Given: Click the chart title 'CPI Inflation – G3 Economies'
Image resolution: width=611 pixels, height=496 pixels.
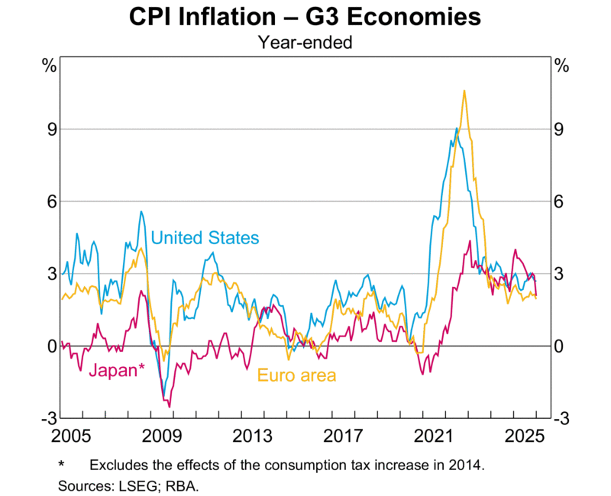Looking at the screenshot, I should [305, 17].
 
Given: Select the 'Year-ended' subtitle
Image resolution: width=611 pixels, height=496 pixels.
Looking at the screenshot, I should [305, 43].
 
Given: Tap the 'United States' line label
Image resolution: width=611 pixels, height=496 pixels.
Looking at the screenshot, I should [205, 238].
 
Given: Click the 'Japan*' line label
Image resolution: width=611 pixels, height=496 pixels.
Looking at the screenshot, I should [117, 372].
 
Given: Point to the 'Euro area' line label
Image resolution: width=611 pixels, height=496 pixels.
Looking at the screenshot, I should [296, 375].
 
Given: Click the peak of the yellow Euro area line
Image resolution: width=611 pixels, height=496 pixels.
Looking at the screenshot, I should [464, 91].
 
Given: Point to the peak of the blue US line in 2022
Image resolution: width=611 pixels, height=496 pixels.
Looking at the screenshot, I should [456, 128].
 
